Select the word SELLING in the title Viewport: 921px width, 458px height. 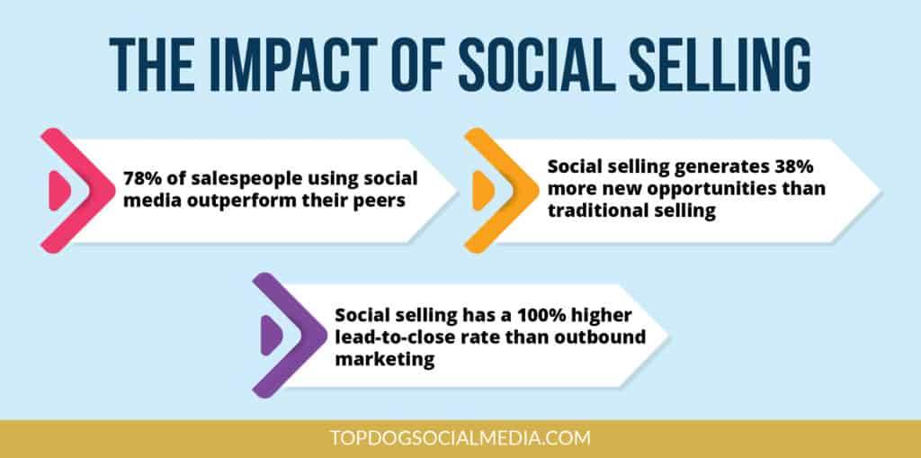coord(723,65)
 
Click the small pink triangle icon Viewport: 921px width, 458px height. coord(57,190)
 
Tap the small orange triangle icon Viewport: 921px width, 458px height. coord(481,190)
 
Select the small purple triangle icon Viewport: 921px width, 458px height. coord(269,335)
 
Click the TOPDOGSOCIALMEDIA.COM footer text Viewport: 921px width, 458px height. coord(460,439)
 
